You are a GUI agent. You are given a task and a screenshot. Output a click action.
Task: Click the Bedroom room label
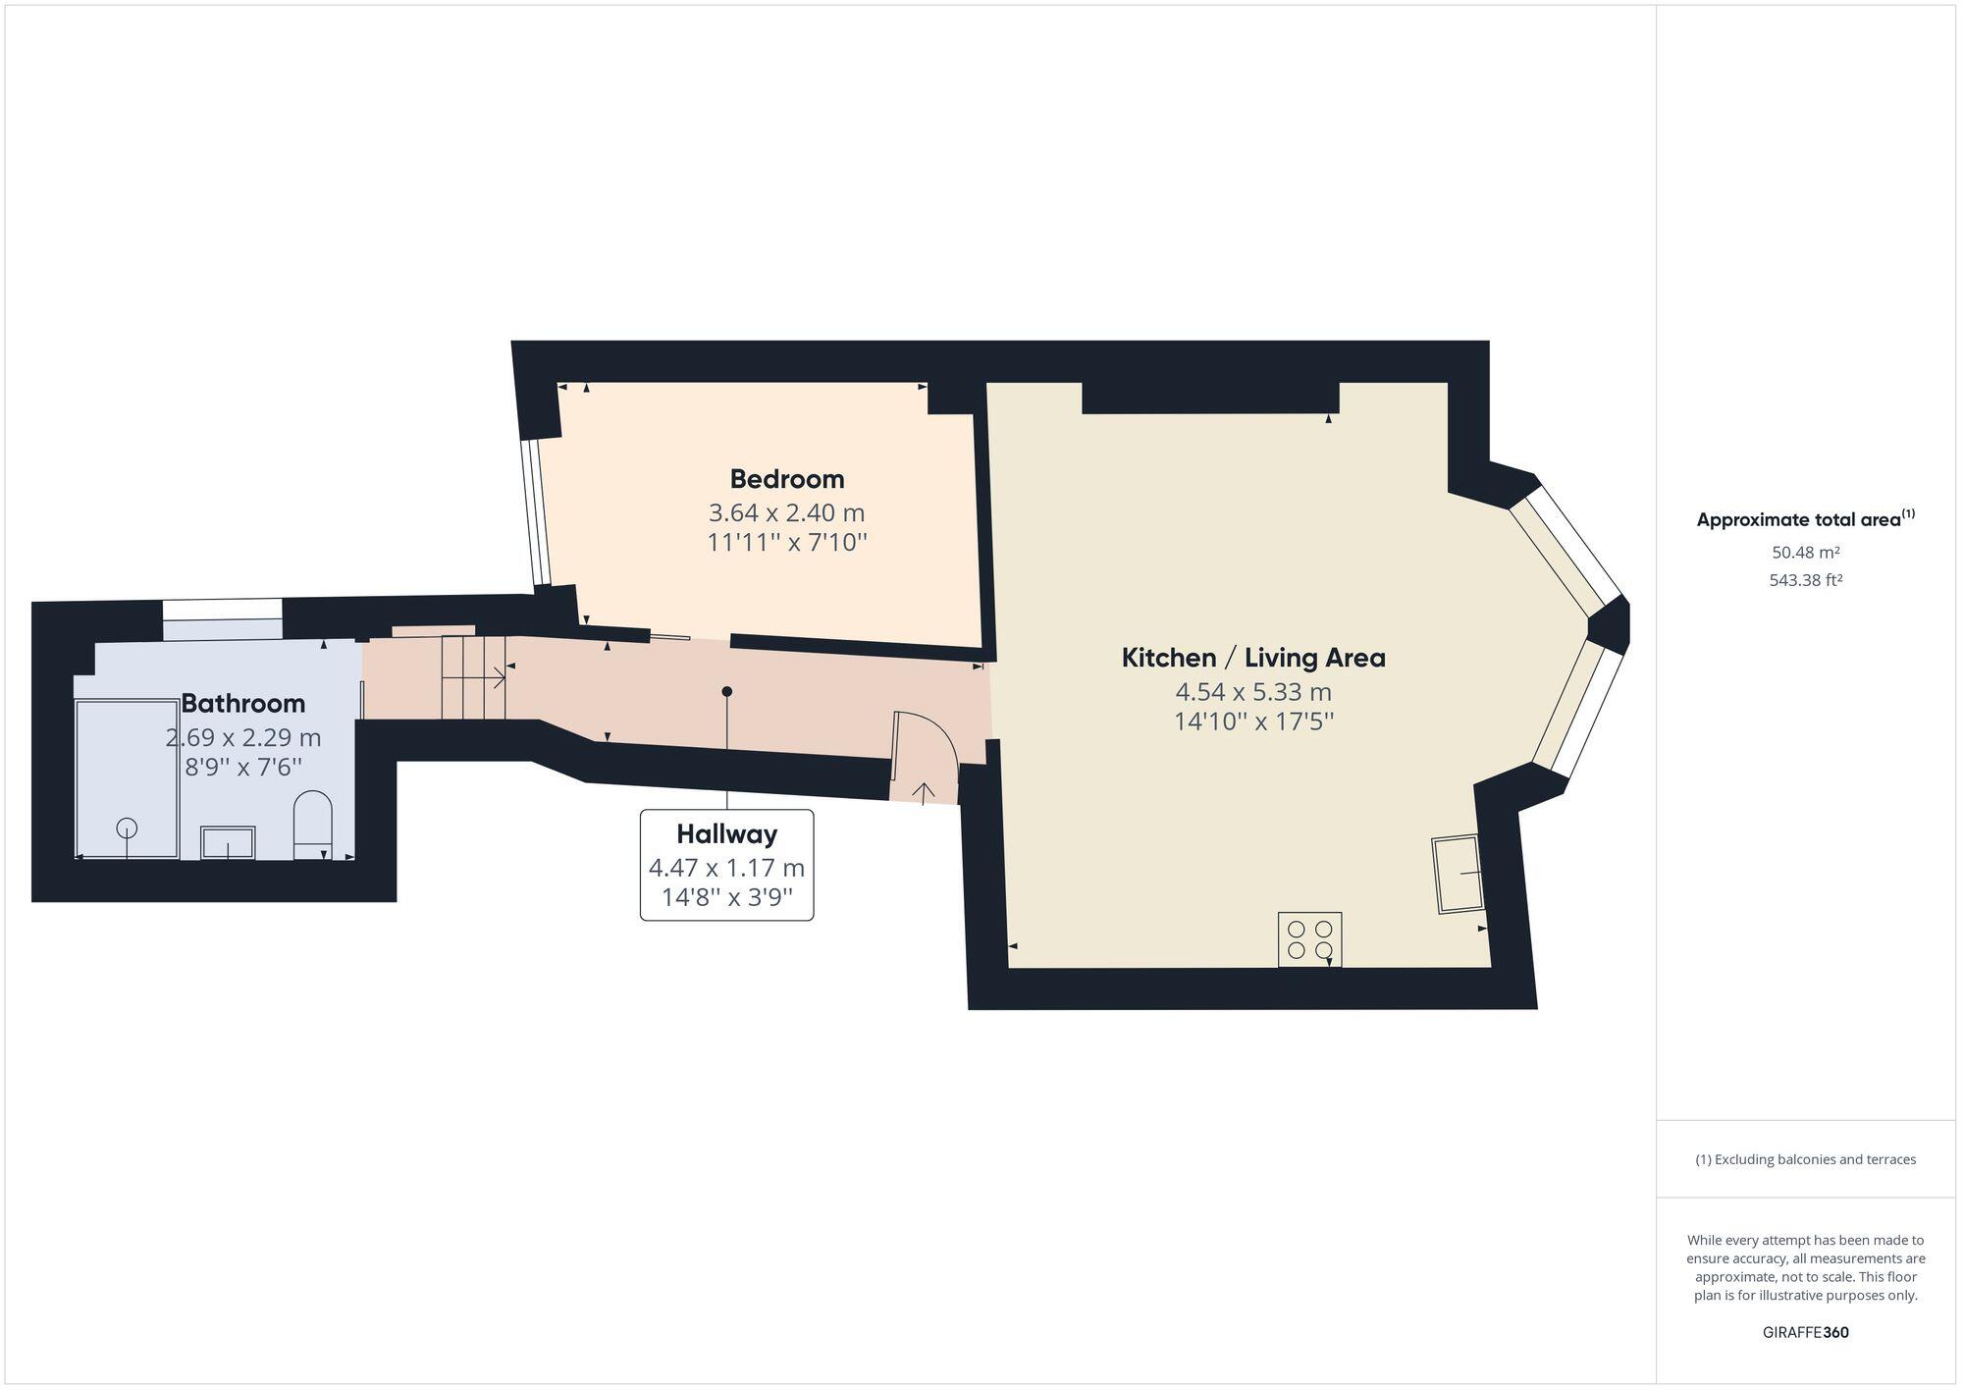[786, 479]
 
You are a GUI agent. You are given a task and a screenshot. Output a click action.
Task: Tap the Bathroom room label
[242, 703]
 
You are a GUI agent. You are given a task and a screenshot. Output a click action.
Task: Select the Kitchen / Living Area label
[1253, 658]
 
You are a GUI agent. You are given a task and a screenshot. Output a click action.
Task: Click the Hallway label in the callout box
[726, 834]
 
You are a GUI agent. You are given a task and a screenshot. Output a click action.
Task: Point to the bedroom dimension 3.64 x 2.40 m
[786, 512]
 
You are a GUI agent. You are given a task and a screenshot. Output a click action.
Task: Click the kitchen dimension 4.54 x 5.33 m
[1253, 692]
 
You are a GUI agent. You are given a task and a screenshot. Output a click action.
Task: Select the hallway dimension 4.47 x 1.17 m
[726, 868]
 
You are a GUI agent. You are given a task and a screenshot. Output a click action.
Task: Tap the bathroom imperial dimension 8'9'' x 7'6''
[242, 767]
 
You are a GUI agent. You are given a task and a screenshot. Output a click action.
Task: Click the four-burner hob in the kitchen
[1309, 939]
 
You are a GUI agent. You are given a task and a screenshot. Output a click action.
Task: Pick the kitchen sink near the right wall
[1459, 874]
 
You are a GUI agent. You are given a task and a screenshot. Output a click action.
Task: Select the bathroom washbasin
[228, 842]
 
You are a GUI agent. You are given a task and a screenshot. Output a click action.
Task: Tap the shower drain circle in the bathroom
[127, 828]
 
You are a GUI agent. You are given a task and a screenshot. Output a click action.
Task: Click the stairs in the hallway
[473, 677]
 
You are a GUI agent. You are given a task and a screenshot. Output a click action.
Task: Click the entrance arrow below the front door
[924, 791]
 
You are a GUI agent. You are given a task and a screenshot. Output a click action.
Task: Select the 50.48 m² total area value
[1805, 553]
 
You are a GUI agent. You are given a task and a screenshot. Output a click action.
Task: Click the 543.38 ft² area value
[1805, 580]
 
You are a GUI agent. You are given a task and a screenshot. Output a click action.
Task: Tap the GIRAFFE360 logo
[1805, 1332]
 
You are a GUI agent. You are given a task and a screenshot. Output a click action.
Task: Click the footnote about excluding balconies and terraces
[1805, 1159]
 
